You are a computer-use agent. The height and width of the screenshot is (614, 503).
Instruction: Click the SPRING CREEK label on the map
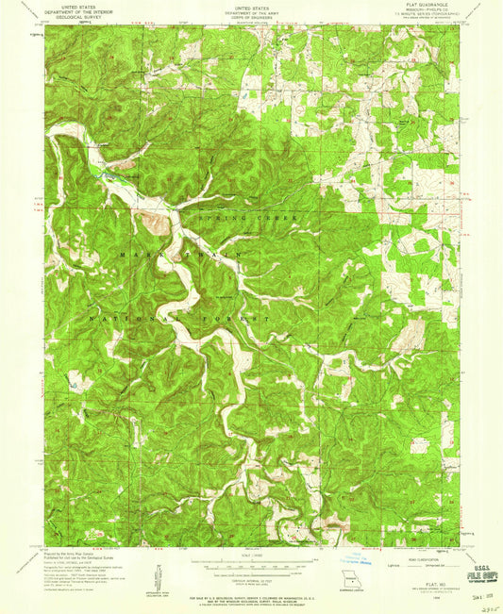[x=248, y=218]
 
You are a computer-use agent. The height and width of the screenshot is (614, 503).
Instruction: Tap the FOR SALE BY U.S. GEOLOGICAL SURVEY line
[x=251, y=596]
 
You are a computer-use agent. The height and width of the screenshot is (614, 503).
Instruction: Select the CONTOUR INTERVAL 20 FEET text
[x=251, y=576]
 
